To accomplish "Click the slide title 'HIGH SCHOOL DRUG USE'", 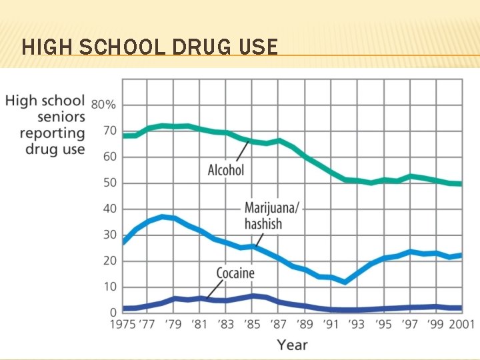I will click(149, 47).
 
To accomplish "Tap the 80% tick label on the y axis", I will click(103, 105).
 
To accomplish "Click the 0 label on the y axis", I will click(112, 312).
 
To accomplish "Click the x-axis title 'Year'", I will click(292, 345).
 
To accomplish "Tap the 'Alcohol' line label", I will click(226, 170).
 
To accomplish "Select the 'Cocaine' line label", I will click(235, 273).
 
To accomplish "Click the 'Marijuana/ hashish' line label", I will click(264, 215).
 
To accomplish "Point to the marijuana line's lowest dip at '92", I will click(344, 282).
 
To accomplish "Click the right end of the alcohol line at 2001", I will click(460, 183).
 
